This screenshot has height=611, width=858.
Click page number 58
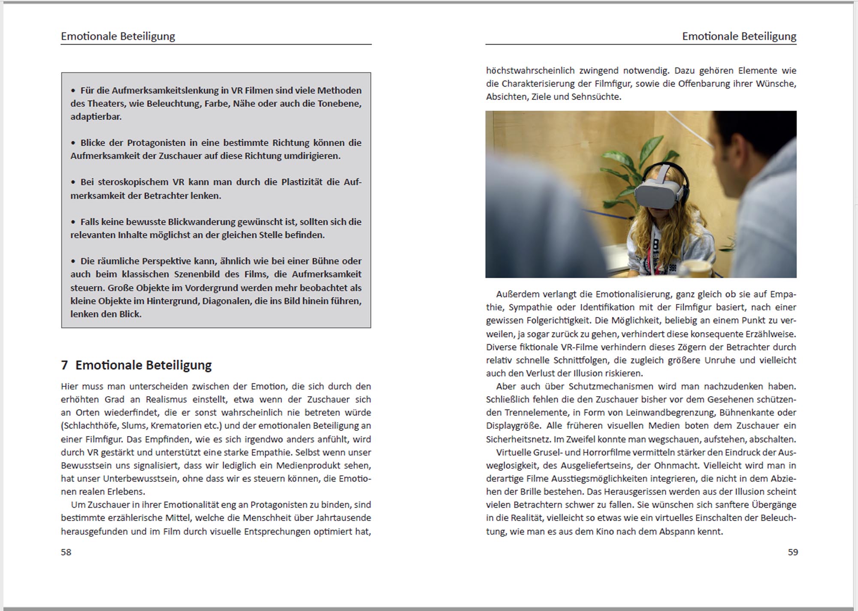pos(66,552)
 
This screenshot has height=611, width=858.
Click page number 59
pos(793,552)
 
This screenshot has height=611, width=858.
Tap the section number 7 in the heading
pos(64,365)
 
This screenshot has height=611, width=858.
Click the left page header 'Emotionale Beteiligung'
pos(118,36)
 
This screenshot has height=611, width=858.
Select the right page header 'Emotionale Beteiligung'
pos(739,36)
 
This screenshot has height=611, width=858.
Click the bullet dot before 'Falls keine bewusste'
pos(73,222)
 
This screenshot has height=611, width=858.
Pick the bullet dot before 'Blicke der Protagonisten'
pos(73,143)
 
